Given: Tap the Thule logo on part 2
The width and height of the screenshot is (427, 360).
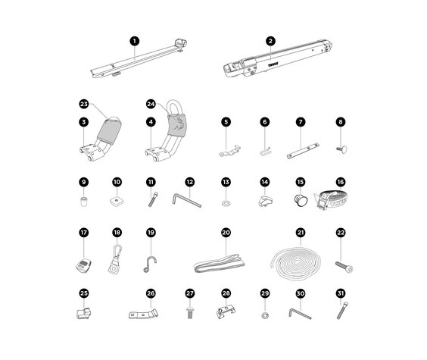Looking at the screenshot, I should click(274, 65).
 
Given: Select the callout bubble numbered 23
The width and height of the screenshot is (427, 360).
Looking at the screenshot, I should click(83, 104).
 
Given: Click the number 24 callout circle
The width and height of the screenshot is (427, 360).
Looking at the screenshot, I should click(150, 104).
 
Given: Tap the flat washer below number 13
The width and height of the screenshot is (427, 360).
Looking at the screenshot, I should click(226, 204).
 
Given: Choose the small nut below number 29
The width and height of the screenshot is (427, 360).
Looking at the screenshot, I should click(265, 314).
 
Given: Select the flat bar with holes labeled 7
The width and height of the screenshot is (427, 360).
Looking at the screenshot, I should click(304, 152).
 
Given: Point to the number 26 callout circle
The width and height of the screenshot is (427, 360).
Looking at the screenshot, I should click(150, 293).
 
